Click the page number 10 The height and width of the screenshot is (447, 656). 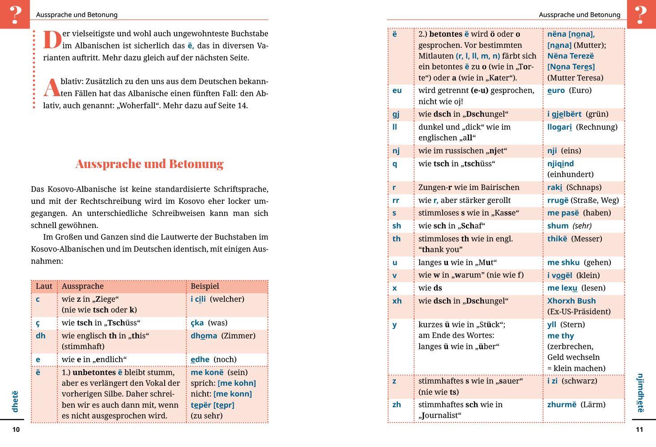(16, 430)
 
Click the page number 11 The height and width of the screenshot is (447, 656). (639, 430)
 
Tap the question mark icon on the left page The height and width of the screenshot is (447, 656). (15, 14)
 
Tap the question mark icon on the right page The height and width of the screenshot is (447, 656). (641, 14)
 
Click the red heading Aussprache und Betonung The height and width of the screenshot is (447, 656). (149, 164)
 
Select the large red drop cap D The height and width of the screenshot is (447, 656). (52, 40)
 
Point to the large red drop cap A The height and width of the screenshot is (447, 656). (51, 88)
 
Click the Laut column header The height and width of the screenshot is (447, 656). (44, 286)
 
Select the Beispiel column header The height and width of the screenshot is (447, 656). (205, 286)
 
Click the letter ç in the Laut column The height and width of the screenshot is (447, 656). (38, 323)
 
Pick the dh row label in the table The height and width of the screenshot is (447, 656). (40, 336)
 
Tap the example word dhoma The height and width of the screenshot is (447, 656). (204, 336)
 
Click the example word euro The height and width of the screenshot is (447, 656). (556, 90)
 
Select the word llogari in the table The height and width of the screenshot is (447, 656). (559, 127)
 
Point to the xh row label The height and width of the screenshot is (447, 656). (397, 301)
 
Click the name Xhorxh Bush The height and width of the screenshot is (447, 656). (571, 301)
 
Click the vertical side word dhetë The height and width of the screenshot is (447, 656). (15, 401)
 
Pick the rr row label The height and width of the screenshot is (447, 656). (396, 200)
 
